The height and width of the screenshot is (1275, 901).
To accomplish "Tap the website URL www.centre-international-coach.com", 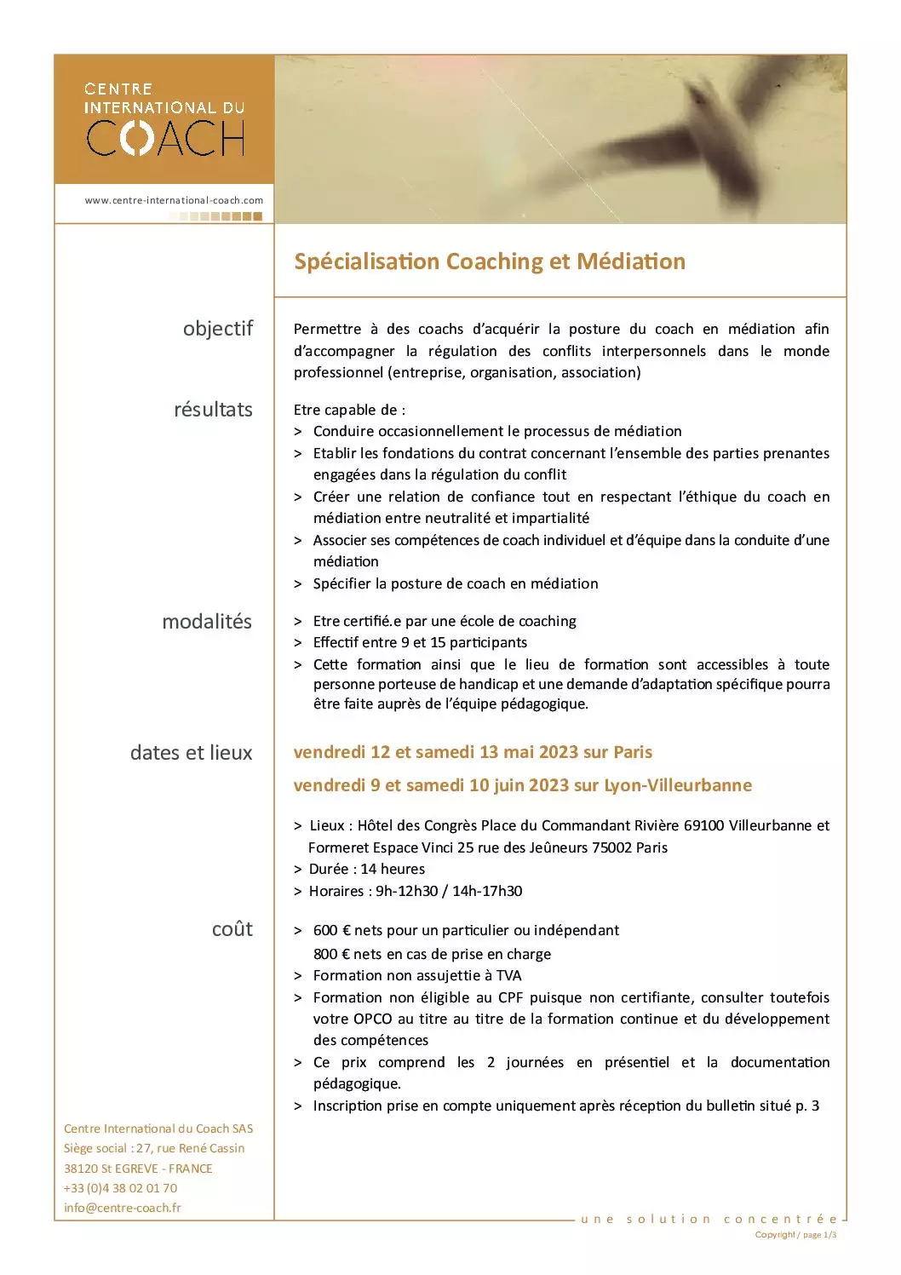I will coord(174,201).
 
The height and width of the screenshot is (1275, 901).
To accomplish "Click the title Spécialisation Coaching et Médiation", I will coord(489,261).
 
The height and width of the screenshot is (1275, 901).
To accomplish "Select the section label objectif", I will coord(218,329).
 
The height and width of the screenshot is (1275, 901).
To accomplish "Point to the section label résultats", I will coord(213,410).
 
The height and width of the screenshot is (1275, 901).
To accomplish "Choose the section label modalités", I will coord(207,622).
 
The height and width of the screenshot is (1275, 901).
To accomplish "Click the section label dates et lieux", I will coord(191,753).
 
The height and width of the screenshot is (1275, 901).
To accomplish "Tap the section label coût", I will coord(232,929).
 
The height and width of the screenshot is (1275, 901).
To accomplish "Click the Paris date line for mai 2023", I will coord(473,752).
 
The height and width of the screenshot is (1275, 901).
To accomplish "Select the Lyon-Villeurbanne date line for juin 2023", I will coord(522,785).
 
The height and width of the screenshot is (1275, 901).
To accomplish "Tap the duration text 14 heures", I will coord(393,869).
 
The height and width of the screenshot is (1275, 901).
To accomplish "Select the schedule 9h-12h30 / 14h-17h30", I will coord(449,891).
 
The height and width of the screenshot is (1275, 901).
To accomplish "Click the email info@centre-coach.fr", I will coord(122,1208).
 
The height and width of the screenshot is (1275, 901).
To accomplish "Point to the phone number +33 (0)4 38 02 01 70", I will coord(120,1188).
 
